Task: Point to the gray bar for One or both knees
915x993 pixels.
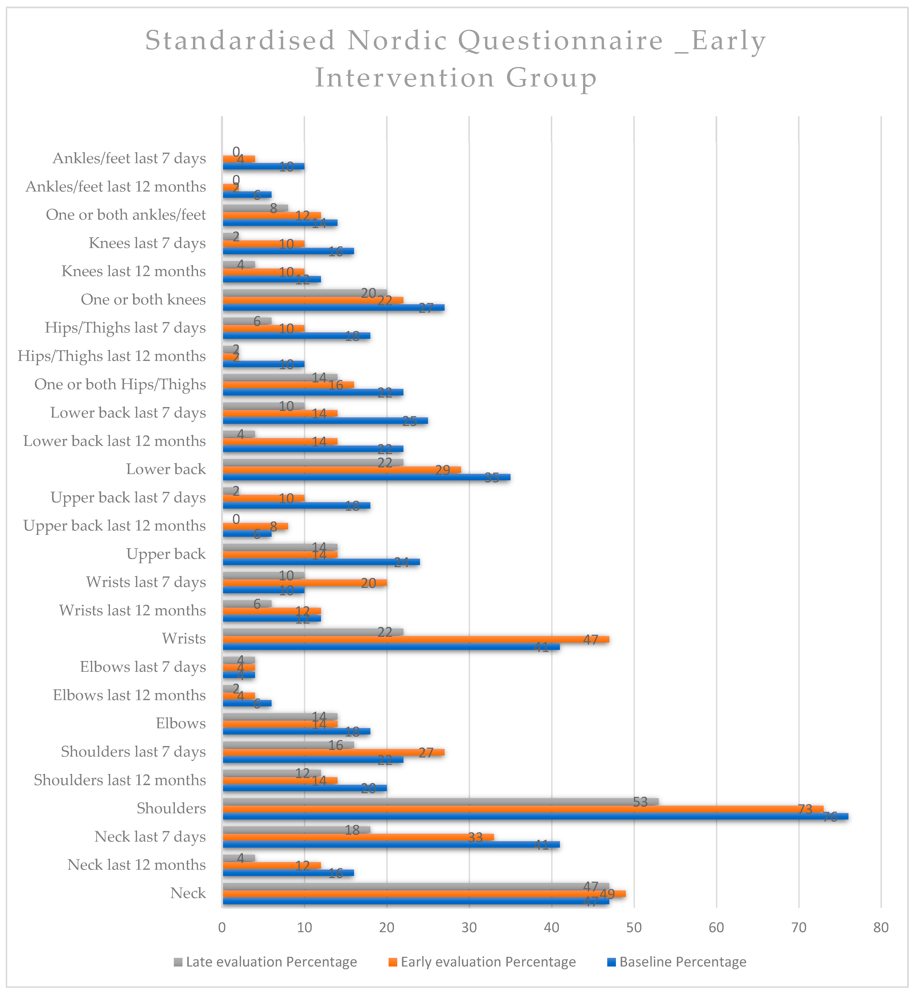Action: pos(304,292)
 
